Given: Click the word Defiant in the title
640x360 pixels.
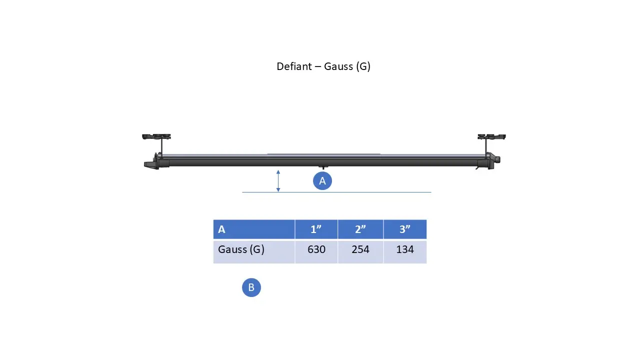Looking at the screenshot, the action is (x=294, y=66).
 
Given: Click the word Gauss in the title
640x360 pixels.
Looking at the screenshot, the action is (x=338, y=66).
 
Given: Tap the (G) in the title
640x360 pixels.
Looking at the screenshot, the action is (x=363, y=66).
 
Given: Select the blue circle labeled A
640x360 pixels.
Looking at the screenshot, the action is (x=322, y=181).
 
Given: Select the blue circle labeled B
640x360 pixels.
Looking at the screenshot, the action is (x=251, y=287).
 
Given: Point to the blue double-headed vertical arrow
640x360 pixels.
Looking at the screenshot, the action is (x=278, y=181).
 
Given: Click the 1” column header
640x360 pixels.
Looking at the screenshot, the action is (x=316, y=229).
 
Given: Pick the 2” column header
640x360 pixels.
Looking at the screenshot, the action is (x=360, y=229).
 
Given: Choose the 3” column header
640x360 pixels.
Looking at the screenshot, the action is (x=405, y=229).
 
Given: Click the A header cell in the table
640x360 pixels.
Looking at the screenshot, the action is (x=254, y=229).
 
